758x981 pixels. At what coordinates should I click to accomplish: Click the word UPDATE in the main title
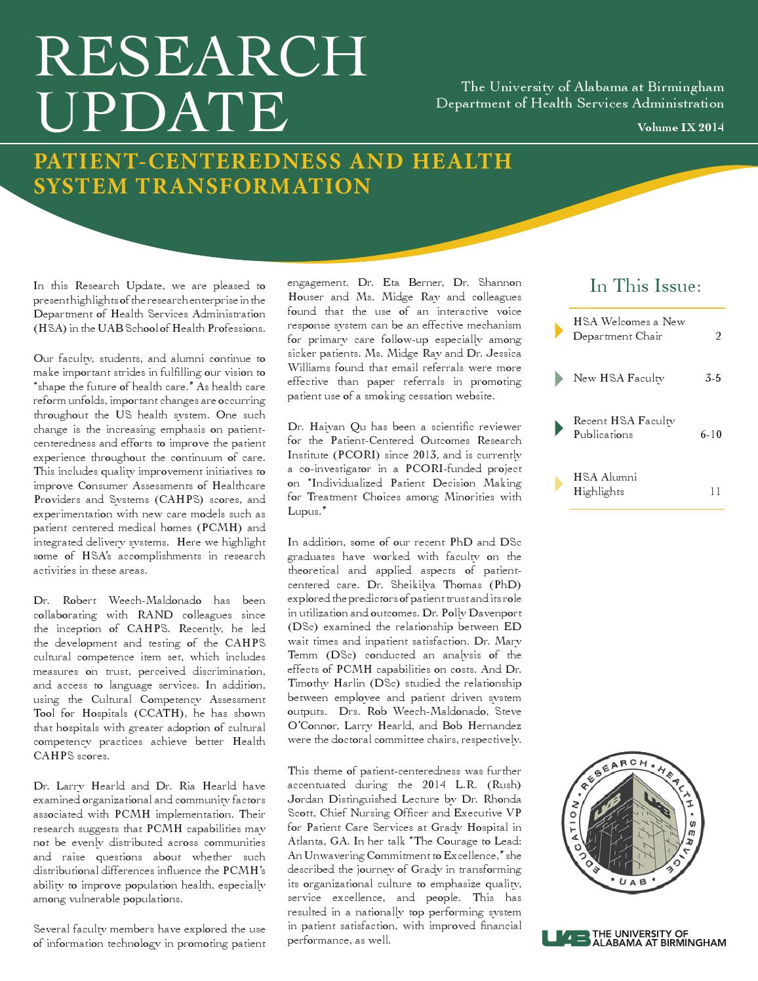161,110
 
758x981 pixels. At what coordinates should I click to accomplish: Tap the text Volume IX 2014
681,128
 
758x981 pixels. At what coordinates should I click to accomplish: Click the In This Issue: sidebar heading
646,286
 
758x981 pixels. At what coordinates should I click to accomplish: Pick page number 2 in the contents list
718,336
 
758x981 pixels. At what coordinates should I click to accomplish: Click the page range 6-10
711,435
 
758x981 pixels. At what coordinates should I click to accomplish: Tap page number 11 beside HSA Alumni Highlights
715,492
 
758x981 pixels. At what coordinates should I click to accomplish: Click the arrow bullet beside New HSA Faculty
559,378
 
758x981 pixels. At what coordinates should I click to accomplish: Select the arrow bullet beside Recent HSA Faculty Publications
559,428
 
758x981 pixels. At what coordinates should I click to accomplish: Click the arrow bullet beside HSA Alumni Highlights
559,484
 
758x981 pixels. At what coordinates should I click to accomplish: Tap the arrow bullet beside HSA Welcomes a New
559,329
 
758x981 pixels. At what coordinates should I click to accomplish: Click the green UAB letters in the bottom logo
565,938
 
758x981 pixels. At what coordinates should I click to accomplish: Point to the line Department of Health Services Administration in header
580,104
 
